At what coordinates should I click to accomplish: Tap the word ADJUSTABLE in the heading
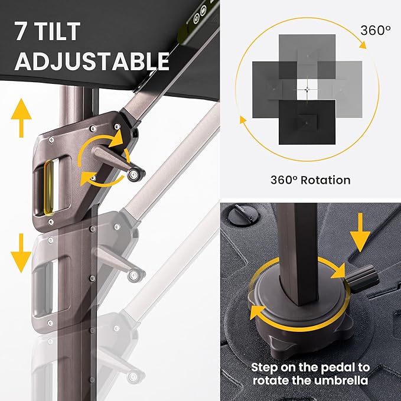92,61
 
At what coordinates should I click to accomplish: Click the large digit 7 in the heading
21,31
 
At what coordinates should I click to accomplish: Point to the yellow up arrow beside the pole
21,118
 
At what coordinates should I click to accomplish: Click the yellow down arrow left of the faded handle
21,253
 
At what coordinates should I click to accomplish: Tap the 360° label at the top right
376,31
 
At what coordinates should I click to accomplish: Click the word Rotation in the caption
325,180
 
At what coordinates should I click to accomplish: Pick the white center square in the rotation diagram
307,89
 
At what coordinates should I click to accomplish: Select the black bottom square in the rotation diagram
307,122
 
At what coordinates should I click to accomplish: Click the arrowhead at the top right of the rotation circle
363,45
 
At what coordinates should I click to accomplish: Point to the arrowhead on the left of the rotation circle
243,120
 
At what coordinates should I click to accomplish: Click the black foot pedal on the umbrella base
363,279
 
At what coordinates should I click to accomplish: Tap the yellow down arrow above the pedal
360,233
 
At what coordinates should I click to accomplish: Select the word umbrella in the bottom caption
342,380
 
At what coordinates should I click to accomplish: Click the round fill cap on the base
243,216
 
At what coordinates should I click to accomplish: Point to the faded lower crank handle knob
133,275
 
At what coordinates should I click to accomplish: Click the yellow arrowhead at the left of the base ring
256,312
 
